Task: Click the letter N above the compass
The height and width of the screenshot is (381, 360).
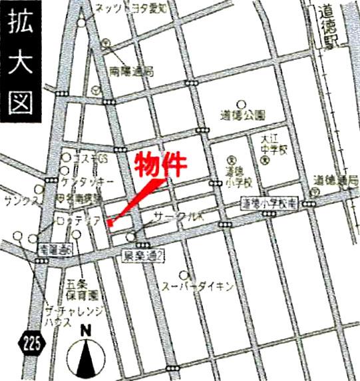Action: point(85,329)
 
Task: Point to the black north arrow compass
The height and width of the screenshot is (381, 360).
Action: point(85,356)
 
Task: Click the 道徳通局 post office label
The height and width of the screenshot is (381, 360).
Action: point(337,179)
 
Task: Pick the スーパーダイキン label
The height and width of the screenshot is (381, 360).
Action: point(197,287)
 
